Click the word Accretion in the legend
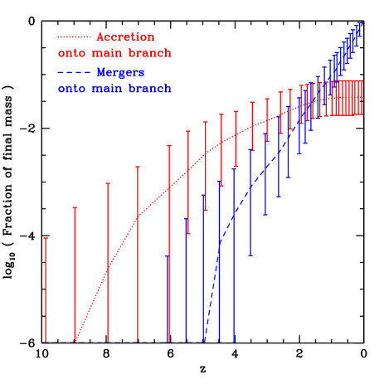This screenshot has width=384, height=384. pyautogui.click(x=125, y=37)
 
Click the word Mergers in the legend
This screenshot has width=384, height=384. pyautogui.click(x=114, y=72)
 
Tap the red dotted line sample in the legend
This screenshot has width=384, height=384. pyautogui.click(x=73, y=37)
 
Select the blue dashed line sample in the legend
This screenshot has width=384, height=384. pyautogui.click(x=73, y=72)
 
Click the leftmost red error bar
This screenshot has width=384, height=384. pyautogui.click(x=45, y=290)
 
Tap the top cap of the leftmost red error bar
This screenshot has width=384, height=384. pyautogui.click(x=45, y=239)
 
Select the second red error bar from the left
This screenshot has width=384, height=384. pyautogui.click(x=75, y=274)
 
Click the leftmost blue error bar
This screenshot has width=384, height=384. pyautogui.click(x=168, y=299)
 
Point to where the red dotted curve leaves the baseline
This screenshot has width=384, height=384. pyautogui.click(x=75, y=341)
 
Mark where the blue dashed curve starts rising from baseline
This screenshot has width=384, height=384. pyautogui.click(x=204, y=341)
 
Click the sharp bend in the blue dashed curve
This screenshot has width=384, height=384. pyautogui.click(x=220, y=241)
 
